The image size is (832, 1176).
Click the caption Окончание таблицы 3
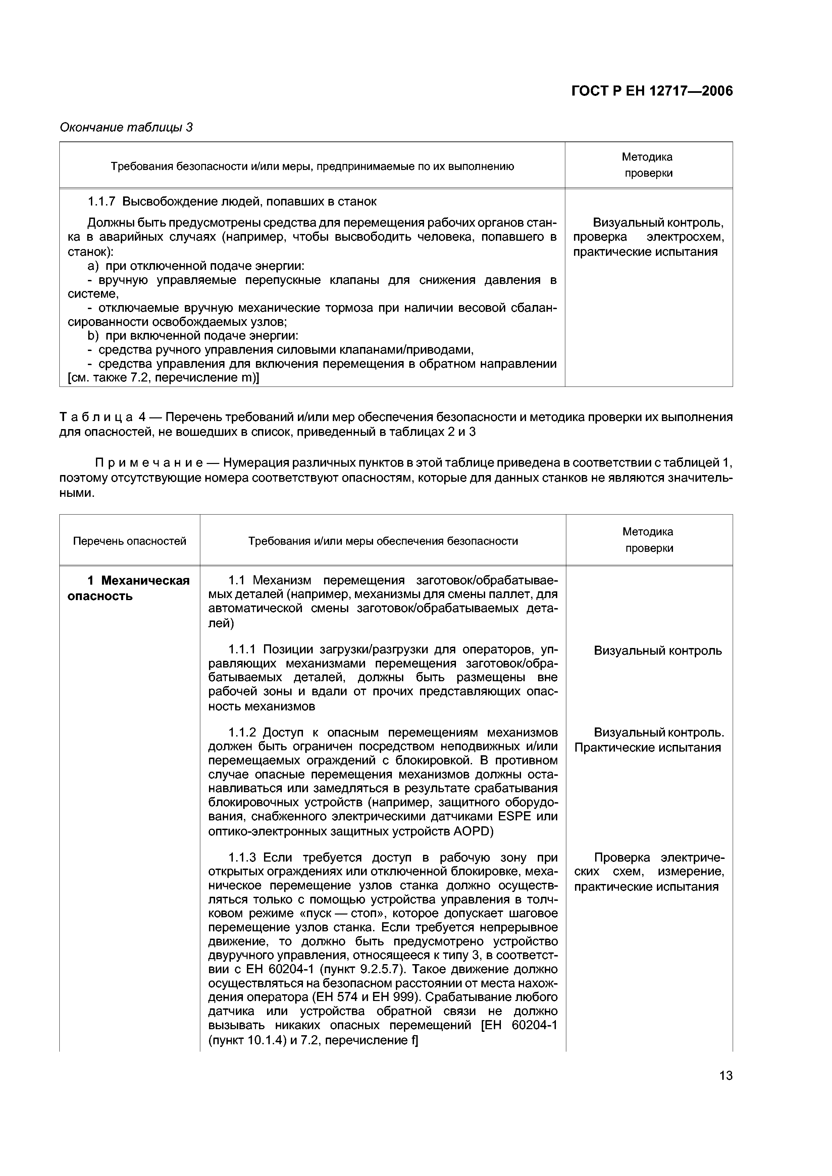[x=126, y=127]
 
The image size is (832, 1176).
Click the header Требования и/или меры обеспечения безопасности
[x=383, y=541]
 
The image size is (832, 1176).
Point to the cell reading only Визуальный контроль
[x=658, y=650]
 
